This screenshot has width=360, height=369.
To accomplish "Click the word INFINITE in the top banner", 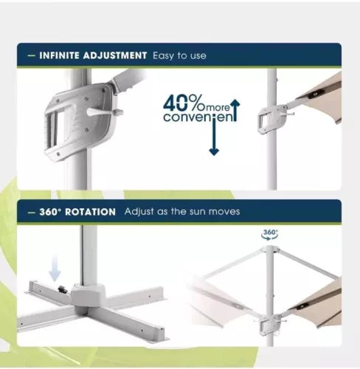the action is pos(60,55).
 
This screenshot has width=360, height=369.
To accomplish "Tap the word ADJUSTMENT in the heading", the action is pos(115,55).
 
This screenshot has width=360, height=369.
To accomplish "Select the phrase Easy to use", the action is pos(179,56).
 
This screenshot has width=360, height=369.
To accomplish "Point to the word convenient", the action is pos(200,117).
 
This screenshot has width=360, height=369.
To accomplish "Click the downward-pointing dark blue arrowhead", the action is pos(214,152).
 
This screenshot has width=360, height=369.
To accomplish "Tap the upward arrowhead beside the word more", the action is pos(235,103).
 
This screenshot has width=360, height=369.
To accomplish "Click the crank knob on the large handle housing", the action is pos(119,112).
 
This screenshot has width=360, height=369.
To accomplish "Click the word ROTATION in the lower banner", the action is pos(90,213).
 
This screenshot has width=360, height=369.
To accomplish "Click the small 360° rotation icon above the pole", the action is pos(270,235).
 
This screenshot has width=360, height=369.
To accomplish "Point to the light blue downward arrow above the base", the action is pos(55,268).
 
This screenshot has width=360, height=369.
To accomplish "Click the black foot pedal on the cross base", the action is pos(63,289).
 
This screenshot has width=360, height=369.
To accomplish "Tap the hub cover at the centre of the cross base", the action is pos(88,295).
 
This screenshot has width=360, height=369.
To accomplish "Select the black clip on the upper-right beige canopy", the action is pos(316,94).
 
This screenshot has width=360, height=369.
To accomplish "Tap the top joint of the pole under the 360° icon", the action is pos(270,249).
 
